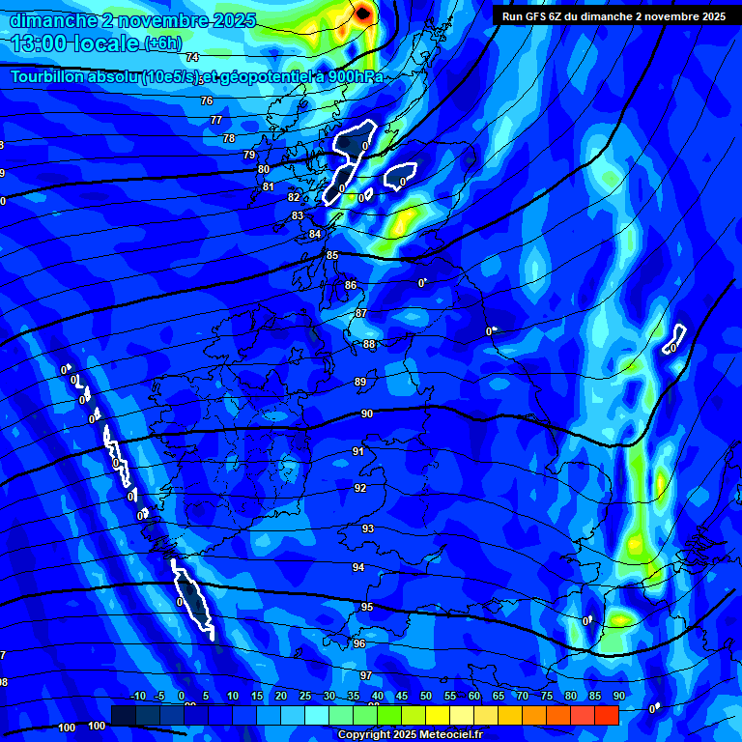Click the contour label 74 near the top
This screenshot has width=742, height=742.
pyautogui.click(x=192, y=58)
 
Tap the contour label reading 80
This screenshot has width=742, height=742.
pyautogui.click(x=264, y=169)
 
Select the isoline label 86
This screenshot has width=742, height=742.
pyautogui.click(x=351, y=285)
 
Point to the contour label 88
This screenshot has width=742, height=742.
pyautogui.click(x=369, y=344)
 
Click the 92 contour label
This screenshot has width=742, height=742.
pyautogui.click(x=360, y=488)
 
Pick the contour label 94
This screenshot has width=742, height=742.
pyautogui.click(x=358, y=567)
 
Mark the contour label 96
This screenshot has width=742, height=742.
pyautogui.click(x=359, y=643)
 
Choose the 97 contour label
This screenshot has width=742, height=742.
pyautogui.click(x=366, y=675)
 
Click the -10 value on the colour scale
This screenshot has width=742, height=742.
pyautogui.click(x=137, y=697)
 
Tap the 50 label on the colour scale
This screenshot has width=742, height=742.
pyautogui.click(x=426, y=697)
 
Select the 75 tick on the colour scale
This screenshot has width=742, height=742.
pyautogui.click(x=547, y=697)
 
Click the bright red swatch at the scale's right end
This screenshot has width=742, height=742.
pyautogui.click(x=606, y=715)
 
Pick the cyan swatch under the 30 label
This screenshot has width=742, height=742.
pyautogui.click(x=317, y=715)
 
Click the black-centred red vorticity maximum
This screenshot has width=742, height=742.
pyautogui.click(x=362, y=13)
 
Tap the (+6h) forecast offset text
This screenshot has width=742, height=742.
pyautogui.click(x=162, y=43)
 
